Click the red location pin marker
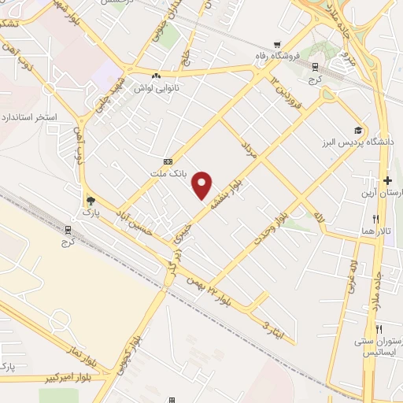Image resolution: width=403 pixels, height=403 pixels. click(203, 184)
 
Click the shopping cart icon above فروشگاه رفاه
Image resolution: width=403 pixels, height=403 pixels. click(276, 44)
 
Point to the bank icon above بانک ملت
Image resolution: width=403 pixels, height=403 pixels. click(166, 161)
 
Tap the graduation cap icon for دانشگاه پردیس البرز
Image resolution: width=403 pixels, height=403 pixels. click(358, 130)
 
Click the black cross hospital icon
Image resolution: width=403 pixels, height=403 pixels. click(386, 180)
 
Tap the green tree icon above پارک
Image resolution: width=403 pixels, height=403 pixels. click(91, 200)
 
